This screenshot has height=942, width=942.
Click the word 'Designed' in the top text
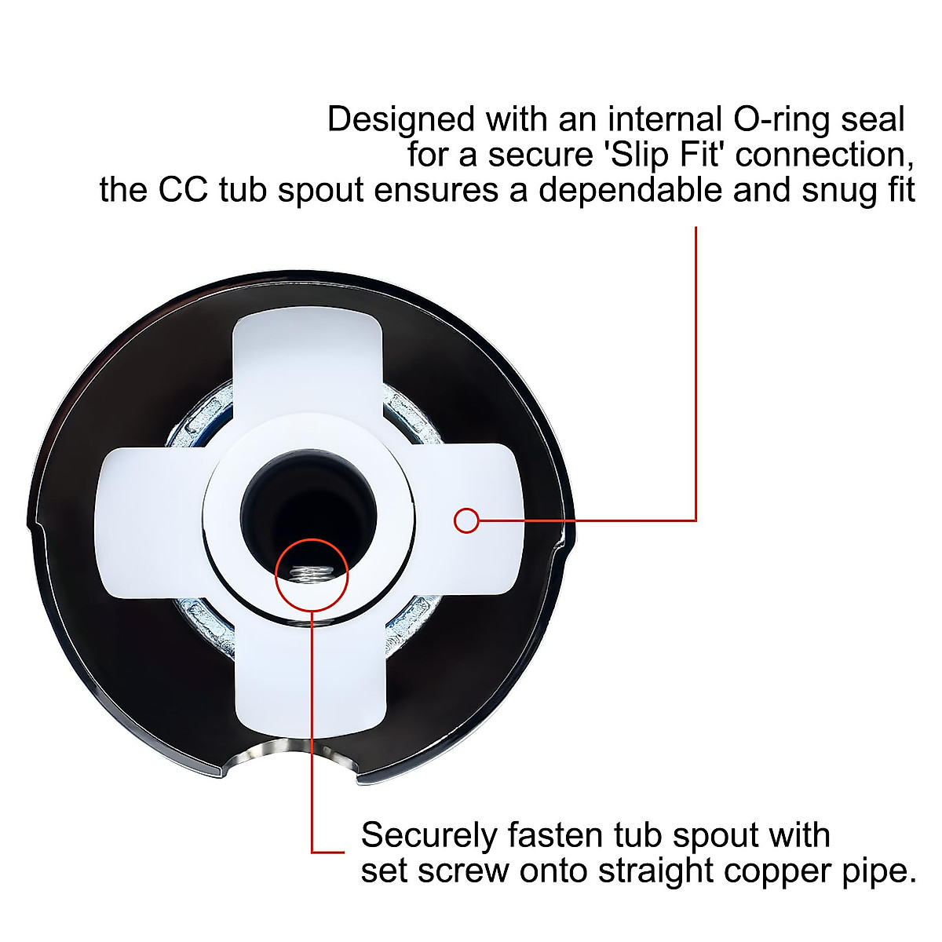click(x=401, y=120)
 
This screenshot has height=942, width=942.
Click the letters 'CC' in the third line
click(x=183, y=190)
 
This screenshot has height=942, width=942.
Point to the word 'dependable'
click(x=630, y=190)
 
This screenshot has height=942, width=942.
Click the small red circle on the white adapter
click(x=466, y=520)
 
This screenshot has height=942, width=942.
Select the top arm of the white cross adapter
click(x=306, y=367)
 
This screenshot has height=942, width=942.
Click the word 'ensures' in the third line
click(x=436, y=191)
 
